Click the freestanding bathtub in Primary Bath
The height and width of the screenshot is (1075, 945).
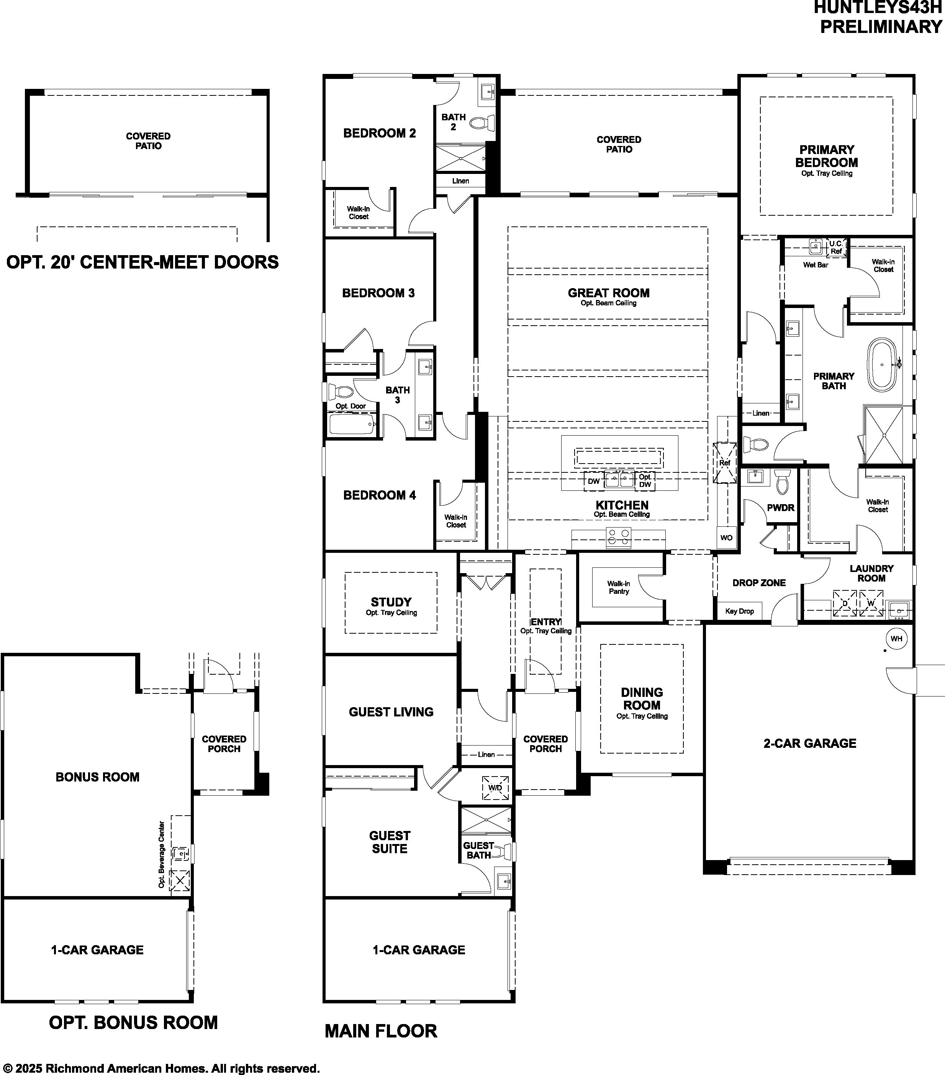883,364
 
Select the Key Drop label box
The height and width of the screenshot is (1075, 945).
739,611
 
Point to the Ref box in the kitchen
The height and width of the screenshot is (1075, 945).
725,463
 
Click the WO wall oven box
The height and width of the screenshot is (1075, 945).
726,537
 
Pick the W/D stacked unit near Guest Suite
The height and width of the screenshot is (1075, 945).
495,788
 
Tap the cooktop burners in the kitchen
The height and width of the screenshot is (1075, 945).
618,537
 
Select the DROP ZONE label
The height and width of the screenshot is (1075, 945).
759,583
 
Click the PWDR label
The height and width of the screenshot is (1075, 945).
780,508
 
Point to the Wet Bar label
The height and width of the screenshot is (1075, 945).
816,265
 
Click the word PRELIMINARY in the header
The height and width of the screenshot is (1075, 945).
881,26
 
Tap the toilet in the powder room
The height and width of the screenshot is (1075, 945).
781,481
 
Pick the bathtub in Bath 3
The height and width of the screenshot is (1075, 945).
352,424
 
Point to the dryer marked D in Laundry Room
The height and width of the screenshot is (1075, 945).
845,603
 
